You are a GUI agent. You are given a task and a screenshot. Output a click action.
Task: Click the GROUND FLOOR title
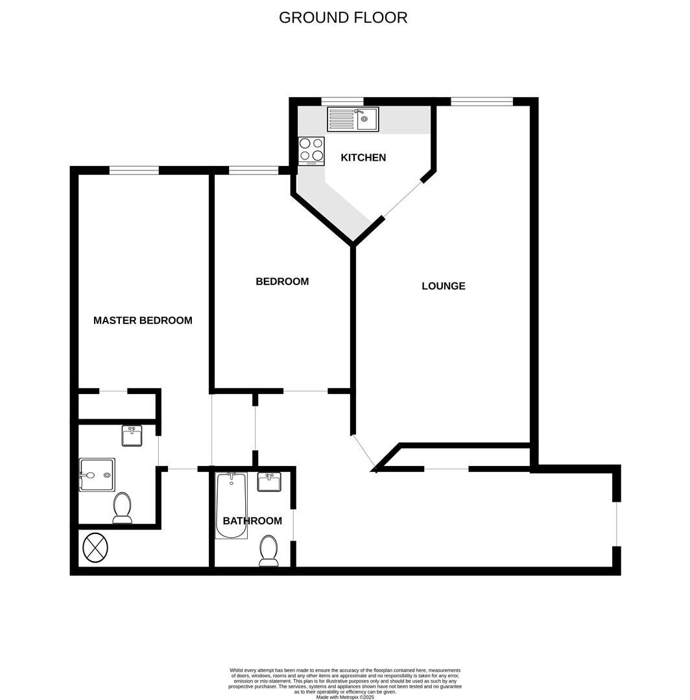click(343, 17)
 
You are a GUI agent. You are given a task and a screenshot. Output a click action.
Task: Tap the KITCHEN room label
click(363, 157)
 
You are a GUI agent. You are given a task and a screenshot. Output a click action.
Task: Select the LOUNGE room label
click(444, 286)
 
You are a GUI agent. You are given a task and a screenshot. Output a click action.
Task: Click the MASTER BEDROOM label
click(143, 320)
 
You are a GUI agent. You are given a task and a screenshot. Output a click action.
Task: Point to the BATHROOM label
click(252, 521)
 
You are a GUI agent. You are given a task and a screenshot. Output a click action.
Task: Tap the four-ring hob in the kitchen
click(311, 150)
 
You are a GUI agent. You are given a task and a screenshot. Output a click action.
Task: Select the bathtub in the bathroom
click(231, 506)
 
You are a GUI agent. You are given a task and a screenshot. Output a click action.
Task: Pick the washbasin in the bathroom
click(269, 482)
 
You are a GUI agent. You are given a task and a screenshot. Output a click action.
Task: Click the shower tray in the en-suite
click(97, 475)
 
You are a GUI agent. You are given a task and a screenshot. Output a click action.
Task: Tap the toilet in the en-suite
click(122, 507)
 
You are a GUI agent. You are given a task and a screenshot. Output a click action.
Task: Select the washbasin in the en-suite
click(132, 436)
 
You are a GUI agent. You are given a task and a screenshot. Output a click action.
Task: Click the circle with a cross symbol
click(95, 547)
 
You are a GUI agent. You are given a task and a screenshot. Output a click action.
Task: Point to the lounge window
click(481, 101)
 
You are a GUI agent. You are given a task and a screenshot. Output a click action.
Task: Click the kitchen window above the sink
click(342, 101)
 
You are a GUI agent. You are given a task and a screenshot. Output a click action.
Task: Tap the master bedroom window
click(134, 170)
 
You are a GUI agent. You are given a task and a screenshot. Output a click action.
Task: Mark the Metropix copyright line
click(345, 697)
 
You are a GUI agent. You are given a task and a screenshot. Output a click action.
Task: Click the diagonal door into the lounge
click(364, 452)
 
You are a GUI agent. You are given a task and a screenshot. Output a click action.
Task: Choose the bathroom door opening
click(293, 524)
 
